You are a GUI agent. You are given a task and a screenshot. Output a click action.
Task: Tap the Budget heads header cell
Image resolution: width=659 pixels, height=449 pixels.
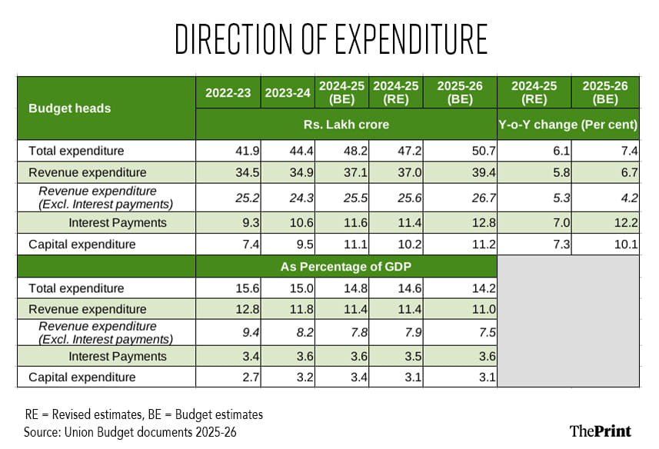[x=69, y=108]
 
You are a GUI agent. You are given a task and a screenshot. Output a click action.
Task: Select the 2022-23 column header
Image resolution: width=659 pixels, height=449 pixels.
[x=228, y=93]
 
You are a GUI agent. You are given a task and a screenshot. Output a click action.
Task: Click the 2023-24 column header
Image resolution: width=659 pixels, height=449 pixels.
[x=288, y=93]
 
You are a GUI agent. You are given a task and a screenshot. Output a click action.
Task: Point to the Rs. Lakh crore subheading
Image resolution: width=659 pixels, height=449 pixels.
[x=346, y=125]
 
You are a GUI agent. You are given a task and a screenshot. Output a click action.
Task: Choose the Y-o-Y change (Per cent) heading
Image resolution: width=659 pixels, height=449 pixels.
[x=568, y=125]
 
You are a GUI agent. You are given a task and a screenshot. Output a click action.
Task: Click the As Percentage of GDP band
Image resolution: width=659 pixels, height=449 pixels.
[x=346, y=267]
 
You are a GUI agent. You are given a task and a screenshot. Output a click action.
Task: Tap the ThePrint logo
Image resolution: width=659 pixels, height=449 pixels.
[x=600, y=431]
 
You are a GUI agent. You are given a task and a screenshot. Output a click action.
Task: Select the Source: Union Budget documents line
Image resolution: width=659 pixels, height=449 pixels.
[x=130, y=431]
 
